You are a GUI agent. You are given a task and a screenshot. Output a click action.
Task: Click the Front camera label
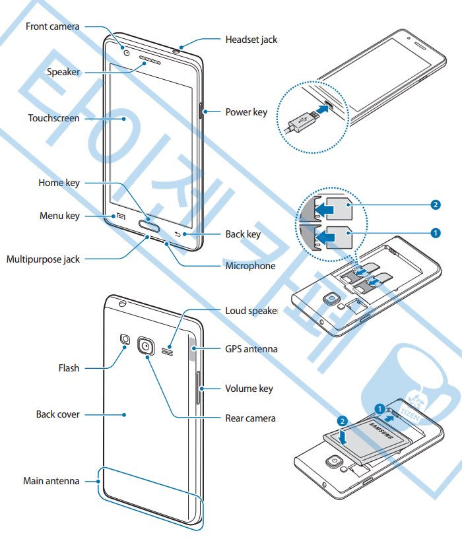click(53, 27)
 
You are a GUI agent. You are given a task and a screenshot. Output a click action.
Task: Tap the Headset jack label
click(251, 40)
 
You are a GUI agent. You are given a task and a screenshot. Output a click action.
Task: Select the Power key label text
click(246, 112)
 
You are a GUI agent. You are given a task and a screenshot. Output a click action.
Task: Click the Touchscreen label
click(53, 119)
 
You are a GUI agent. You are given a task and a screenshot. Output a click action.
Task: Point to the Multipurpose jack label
click(43, 259)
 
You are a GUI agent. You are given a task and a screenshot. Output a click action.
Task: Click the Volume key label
click(249, 389)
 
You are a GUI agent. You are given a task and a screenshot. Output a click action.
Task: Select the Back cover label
click(57, 414)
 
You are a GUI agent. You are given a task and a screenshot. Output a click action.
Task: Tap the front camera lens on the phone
click(124, 52)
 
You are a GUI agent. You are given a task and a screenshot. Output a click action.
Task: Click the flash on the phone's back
click(125, 339)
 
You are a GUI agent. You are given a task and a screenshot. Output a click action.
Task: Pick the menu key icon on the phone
click(121, 216)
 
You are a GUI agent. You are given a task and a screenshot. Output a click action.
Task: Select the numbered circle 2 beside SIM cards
click(435, 205)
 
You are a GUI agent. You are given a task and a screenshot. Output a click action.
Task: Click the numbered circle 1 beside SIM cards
click(435, 232)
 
